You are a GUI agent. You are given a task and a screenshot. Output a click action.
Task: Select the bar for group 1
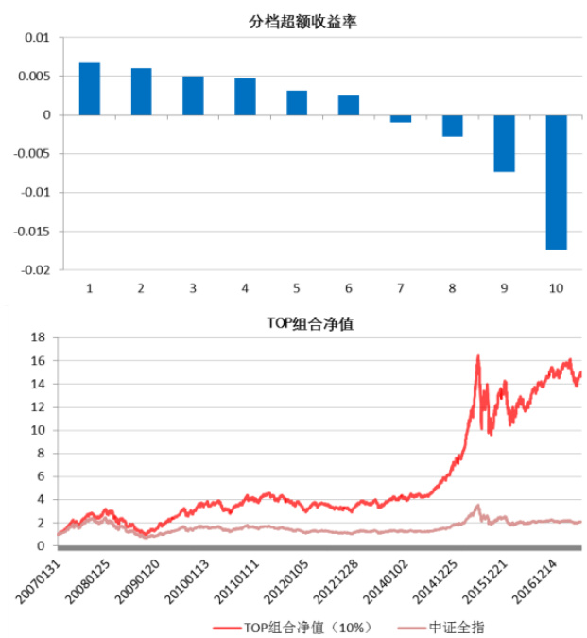(x=90, y=89)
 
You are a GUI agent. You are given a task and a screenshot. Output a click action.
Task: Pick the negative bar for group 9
(x=504, y=143)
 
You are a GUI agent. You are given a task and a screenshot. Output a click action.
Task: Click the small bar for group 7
(x=401, y=118)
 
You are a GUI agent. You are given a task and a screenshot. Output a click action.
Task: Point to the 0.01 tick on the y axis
(x=36, y=38)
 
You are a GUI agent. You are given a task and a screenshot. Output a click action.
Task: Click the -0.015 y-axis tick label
(x=32, y=231)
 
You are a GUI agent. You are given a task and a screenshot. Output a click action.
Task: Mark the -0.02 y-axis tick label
(x=35, y=269)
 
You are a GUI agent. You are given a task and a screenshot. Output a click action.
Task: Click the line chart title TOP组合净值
(x=311, y=323)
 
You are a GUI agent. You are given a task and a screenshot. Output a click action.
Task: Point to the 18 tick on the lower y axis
(x=39, y=337)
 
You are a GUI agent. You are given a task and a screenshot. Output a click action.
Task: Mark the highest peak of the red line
(x=478, y=355)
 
